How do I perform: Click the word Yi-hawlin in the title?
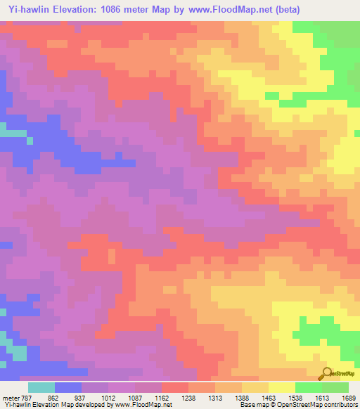(x=27, y=10)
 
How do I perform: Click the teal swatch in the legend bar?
(x=41, y=387)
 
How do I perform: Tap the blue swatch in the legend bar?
(x=68, y=387)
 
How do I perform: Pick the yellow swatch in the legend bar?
(x=282, y=387)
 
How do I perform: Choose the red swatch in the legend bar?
(x=175, y=387)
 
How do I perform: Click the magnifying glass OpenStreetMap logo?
(x=328, y=373)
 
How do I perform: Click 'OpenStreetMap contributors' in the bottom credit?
(x=320, y=405)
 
